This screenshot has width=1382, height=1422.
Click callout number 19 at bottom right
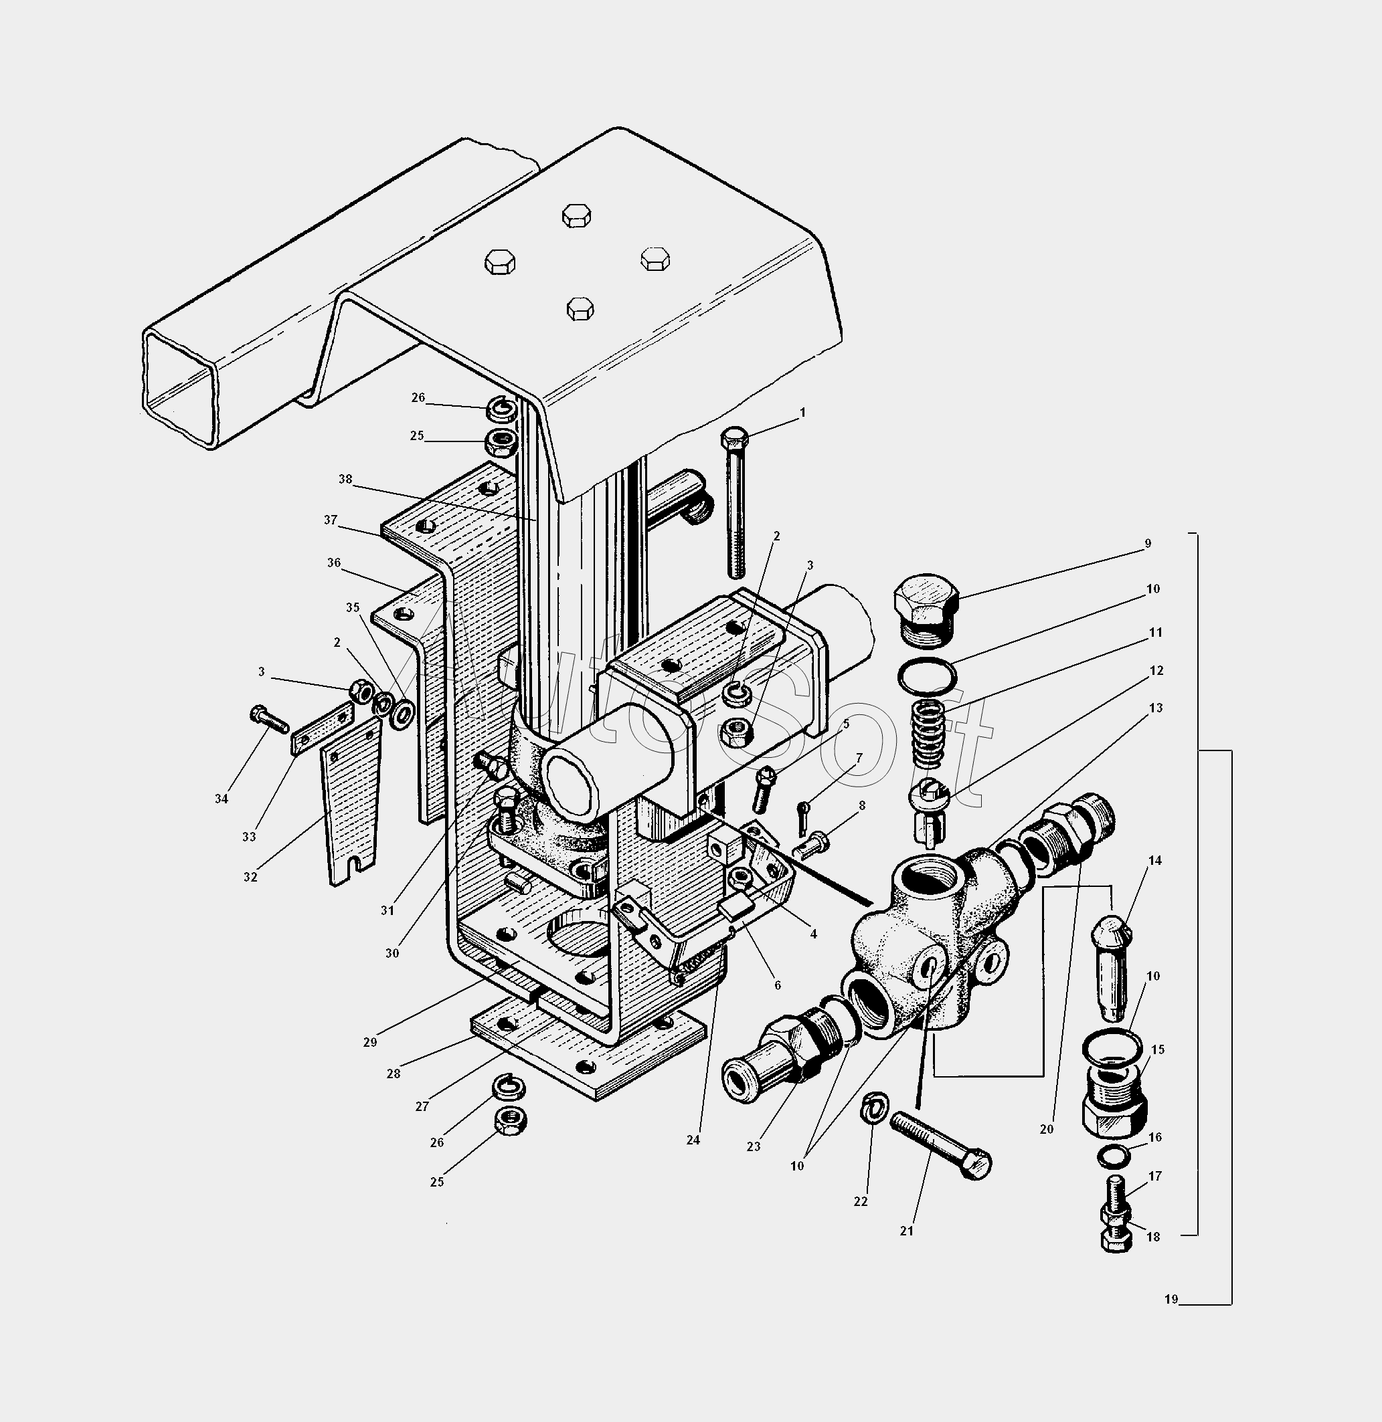(1171, 1300)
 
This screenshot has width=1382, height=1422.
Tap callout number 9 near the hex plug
(1148, 542)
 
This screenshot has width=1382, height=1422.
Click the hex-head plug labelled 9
(926, 609)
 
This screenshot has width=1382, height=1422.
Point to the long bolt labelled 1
(736, 502)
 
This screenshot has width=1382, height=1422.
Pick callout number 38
(345, 479)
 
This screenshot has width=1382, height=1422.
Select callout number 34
(222, 798)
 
